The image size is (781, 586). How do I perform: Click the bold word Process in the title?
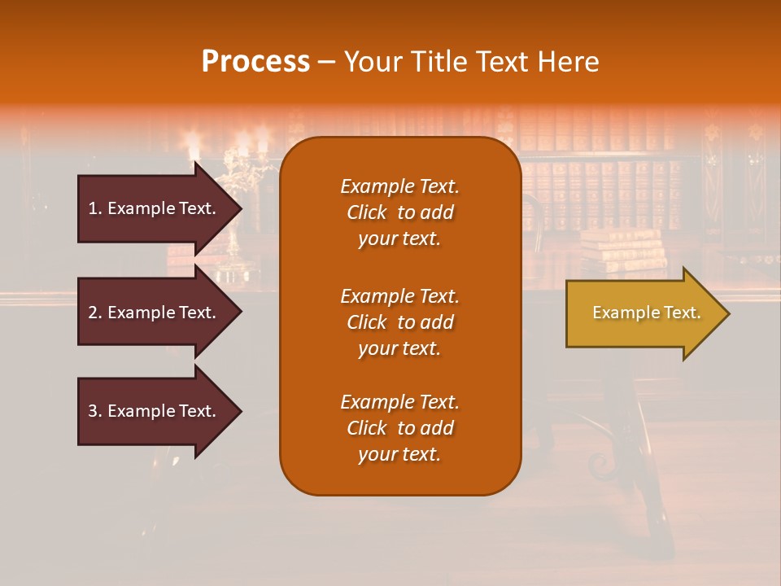pyautogui.click(x=255, y=61)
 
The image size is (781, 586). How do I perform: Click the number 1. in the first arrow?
pyautogui.click(x=95, y=208)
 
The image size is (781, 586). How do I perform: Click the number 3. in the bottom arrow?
pyautogui.click(x=95, y=411)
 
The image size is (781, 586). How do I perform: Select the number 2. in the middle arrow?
pyautogui.click(x=95, y=313)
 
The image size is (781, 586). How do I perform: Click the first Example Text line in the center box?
pyautogui.click(x=399, y=186)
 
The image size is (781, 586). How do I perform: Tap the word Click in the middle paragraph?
pyautogui.click(x=367, y=322)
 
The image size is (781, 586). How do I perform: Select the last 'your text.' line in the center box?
pyautogui.click(x=399, y=454)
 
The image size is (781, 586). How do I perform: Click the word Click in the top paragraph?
pyautogui.click(x=367, y=212)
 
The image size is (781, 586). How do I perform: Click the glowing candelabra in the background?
pyautogui.click(x=236, y=175)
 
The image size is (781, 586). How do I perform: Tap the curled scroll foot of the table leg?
pyautogui.click(x=603, y=464)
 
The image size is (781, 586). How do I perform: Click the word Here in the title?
pyautogui.click(x=569, y=61)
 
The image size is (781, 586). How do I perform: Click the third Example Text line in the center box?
pyautogui.click(x=399, y=402)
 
